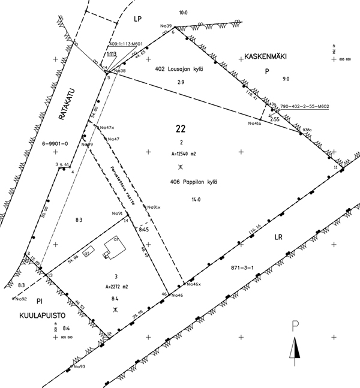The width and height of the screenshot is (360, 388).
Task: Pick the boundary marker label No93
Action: pos(79,366)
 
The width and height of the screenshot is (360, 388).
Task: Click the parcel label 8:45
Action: pos(144,230)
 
